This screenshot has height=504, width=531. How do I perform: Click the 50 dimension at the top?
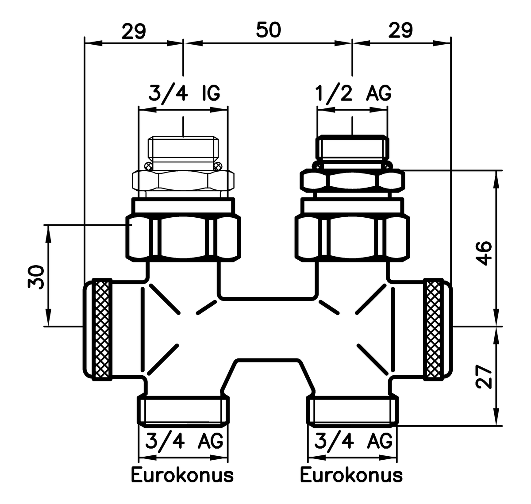tap(268, 31)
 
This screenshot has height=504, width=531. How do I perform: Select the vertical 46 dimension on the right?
tap(485, 253)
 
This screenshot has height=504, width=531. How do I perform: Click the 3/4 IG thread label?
tap(183, 94)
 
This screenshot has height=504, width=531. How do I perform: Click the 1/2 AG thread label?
tap(353, 94)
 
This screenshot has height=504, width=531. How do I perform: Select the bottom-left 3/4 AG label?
tap(184, 441)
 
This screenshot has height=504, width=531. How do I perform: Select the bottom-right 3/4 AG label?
tap(353, 441)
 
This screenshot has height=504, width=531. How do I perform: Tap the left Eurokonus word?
tap(182, 475)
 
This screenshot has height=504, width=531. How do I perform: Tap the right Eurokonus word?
tap(351, 475)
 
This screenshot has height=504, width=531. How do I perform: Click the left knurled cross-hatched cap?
tap(101, 329)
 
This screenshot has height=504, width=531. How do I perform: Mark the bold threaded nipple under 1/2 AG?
tap(353, 149)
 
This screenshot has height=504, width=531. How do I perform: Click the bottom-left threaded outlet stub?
tap(183, 409)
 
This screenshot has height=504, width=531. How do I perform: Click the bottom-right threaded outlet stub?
tap(353, 409)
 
